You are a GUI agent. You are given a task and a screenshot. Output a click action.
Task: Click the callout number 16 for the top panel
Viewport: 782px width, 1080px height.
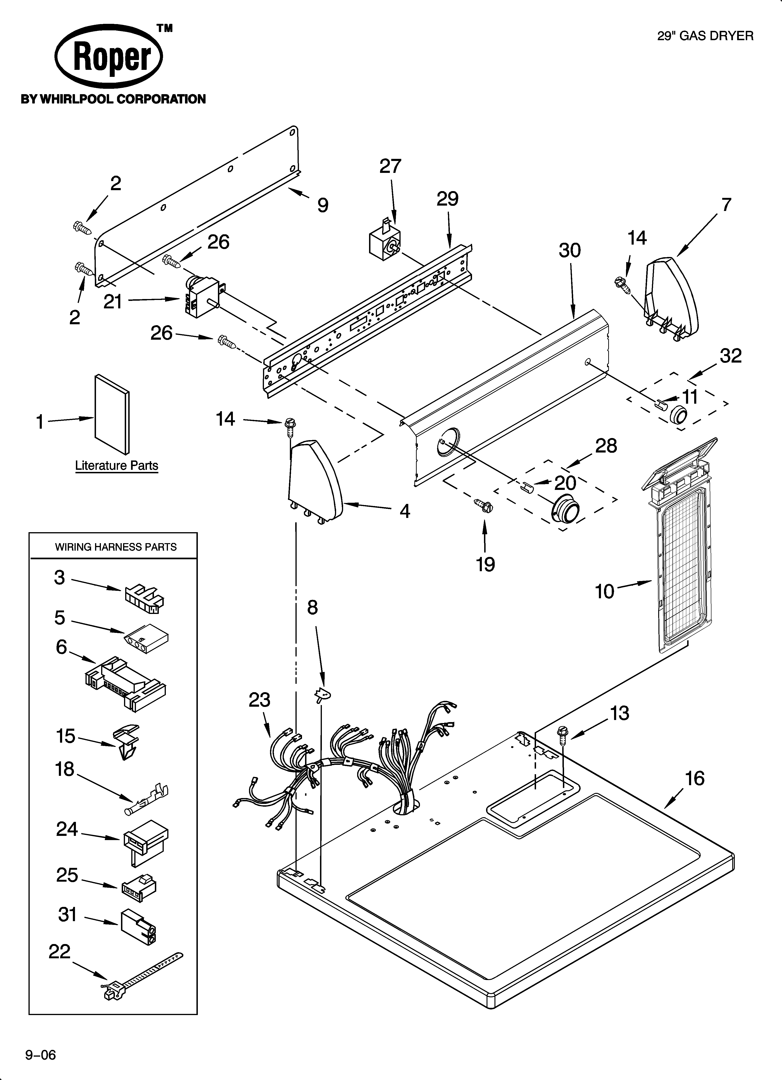click(694, 779)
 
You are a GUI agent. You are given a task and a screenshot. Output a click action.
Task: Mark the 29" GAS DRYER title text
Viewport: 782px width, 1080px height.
click(705, 36)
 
